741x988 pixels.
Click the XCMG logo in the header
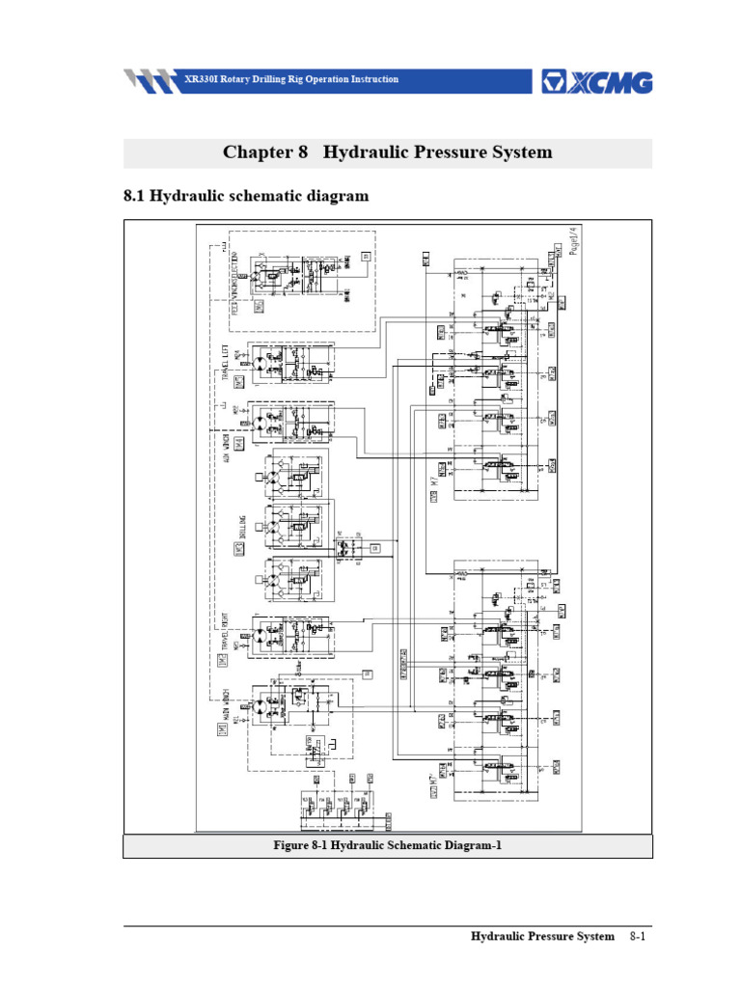pyautogui.click(x=597, y=81)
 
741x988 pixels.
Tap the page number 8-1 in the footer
pyautogui.click(x=637, y=937)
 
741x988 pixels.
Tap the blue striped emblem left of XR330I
pyautogui.click(x=151, y=80)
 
